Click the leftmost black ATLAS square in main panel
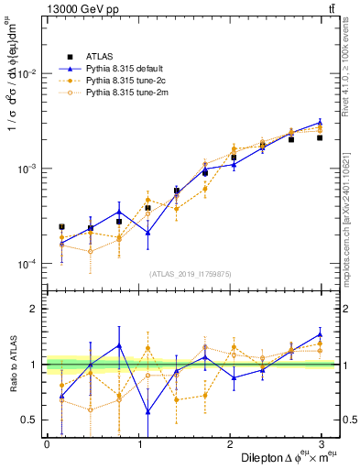[61, 226]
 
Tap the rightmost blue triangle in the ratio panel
[320, 334]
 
